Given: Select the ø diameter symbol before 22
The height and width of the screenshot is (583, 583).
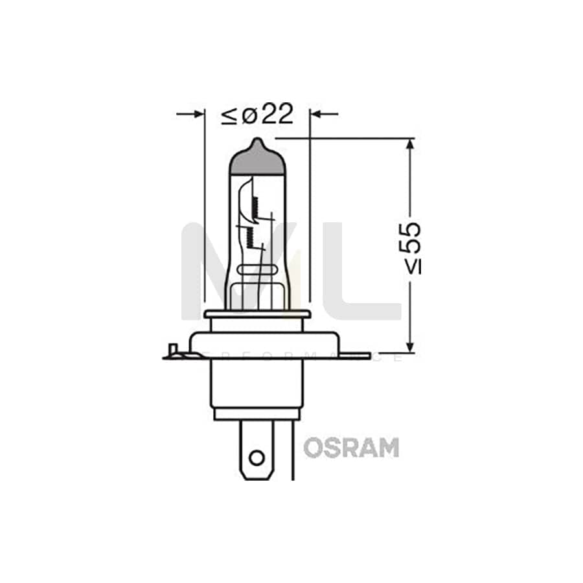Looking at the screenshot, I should tap(251, 115).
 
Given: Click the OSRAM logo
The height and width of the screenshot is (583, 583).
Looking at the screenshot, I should tap(351, 448).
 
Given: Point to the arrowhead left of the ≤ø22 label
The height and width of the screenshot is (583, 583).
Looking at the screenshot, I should tap(198, 114).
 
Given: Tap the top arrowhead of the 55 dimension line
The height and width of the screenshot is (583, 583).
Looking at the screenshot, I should tap(409, 144).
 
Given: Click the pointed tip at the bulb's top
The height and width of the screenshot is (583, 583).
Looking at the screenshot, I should tap(257, 141).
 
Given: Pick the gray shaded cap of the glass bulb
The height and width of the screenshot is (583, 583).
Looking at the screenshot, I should tap(257, 162).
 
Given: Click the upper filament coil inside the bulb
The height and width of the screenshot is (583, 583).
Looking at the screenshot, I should tap(255, 207).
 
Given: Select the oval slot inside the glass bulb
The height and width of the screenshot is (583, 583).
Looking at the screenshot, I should tap(257, 269).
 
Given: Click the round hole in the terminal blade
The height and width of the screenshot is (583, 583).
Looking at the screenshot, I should tap(257, 457).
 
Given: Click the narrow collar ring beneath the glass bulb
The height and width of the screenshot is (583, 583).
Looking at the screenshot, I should tap(257, 314).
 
